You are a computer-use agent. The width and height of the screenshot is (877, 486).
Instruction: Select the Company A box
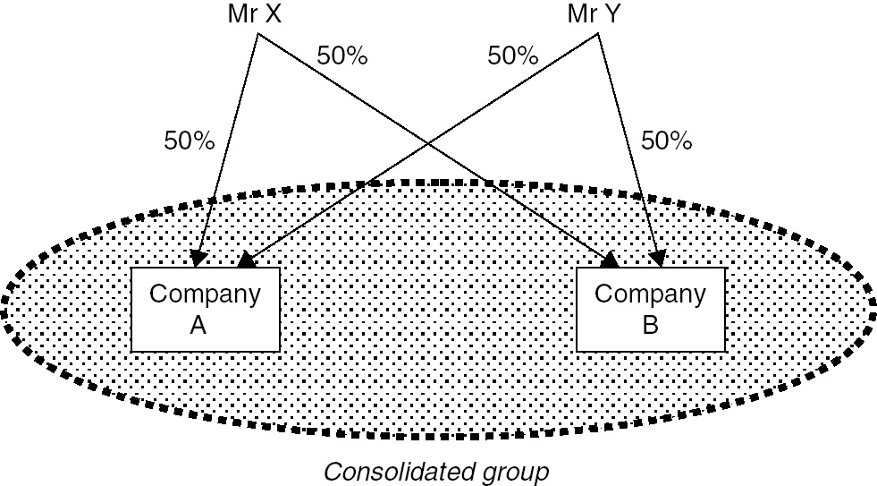205,310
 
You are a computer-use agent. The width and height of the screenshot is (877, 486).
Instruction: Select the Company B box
650,310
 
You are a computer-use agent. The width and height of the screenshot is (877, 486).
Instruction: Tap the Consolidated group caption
435,471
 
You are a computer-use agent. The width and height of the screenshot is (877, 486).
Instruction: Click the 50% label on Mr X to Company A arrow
189,141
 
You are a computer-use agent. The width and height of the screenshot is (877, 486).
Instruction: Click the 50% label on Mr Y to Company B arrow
667,141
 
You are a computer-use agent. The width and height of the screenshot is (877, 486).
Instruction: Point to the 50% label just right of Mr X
342,55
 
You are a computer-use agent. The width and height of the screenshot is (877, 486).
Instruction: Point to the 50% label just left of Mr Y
512,55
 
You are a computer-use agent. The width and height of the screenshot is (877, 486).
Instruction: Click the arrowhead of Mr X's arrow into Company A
200,259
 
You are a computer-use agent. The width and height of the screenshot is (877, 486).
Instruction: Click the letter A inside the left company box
198,325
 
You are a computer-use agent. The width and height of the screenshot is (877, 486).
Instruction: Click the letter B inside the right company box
650,325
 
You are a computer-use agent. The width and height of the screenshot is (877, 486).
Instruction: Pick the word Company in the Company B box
650,294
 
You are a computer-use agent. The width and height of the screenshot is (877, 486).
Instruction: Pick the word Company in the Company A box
205,294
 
